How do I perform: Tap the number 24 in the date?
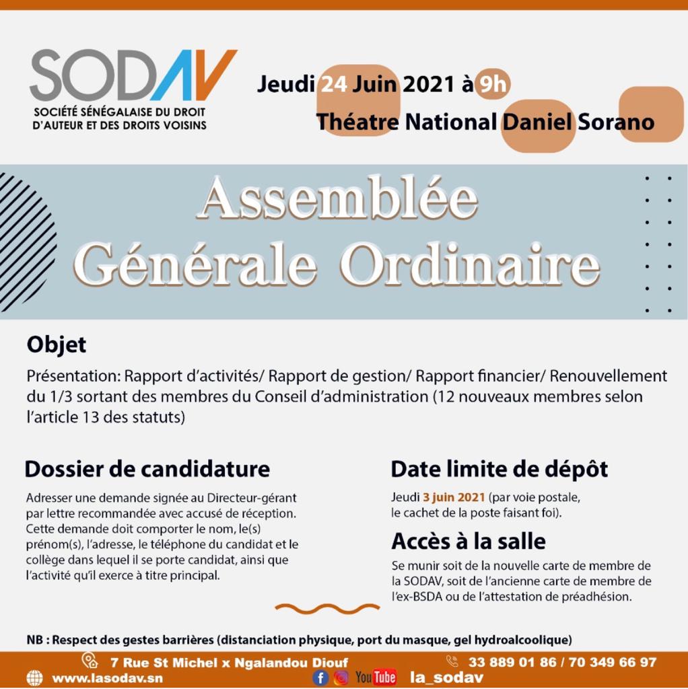[333, 84]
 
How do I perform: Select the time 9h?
[492, 84]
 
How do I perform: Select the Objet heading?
[57, 345]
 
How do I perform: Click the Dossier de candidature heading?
[147, 468]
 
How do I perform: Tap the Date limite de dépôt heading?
[499, 468]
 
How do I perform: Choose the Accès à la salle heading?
[468, 541]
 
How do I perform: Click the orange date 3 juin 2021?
[453, 498]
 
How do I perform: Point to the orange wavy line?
[327, 609]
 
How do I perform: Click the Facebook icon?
[320, 677]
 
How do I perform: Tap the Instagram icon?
[341, 677]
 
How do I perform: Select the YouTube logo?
[376, 677]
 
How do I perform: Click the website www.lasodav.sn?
[107, 678]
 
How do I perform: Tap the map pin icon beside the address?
[90, 661]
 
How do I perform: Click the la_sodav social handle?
[446, 678]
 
